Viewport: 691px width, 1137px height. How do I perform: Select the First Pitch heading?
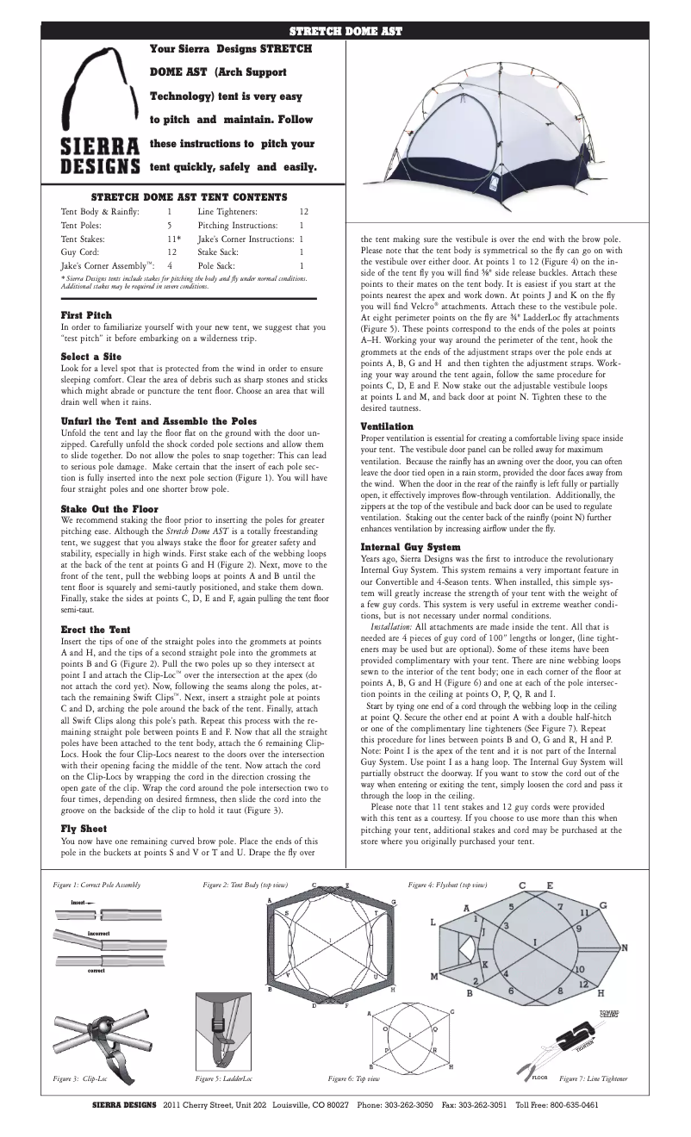(x=85, y=315)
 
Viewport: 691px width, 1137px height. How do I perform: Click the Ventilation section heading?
(x=386, y=426)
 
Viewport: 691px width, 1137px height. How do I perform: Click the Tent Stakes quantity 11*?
(x=173, y=237)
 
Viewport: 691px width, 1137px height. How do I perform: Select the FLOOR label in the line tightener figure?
(x=540, y=1078)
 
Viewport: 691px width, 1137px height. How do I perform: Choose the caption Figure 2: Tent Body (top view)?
(x=245, y=885)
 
